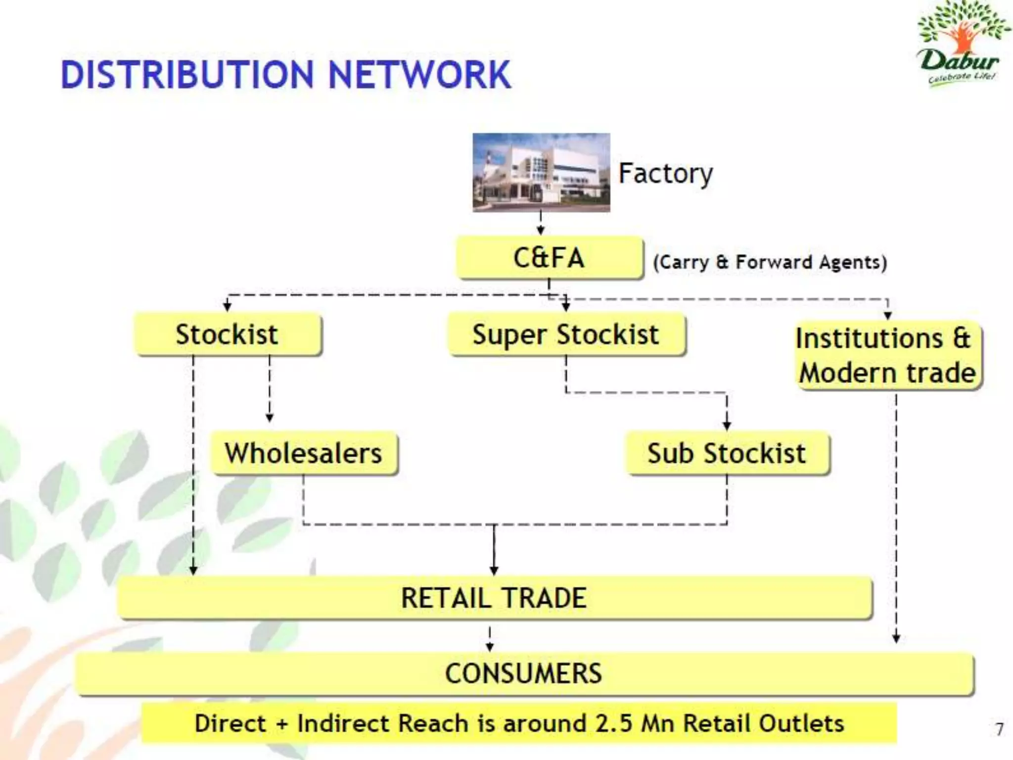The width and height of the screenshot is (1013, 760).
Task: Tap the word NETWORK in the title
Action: click(419, 75)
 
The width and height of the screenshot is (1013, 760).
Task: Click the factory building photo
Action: click(541, 173)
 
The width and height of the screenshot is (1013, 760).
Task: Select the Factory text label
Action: click(666, 174)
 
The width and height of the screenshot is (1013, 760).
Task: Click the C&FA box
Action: click(549, 258)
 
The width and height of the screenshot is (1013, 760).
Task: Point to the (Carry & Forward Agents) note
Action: click(770, 262)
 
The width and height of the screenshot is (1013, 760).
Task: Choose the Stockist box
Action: click(227, 334)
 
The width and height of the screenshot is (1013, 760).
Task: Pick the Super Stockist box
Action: click(566, 334)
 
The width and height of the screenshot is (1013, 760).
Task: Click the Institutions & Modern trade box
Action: click(887, 356)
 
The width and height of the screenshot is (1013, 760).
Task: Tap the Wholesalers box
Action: click(304, 453)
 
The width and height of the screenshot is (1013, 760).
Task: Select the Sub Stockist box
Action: click(727, 453)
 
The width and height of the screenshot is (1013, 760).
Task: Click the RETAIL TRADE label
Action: click(494, 598)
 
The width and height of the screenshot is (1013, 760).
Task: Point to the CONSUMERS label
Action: click(523, 673)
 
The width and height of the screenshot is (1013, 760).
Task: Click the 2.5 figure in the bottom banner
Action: click(614, 723)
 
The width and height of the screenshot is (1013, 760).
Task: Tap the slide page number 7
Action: click(999, 729)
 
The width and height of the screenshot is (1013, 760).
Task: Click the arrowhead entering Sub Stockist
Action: click(727, 426)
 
